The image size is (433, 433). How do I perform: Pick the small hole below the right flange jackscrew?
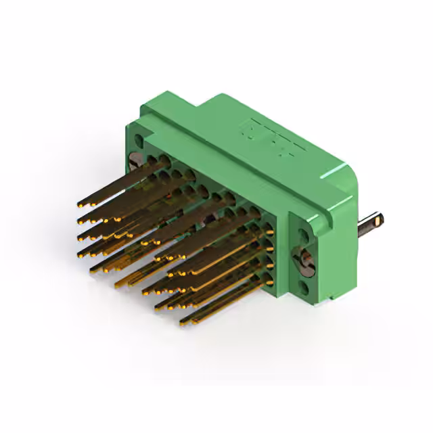[304, 288]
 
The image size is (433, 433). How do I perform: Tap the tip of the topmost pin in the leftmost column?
[81, 204]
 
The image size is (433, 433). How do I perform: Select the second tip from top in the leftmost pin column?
[82, 220]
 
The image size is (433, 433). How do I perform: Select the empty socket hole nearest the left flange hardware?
[151, 160]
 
